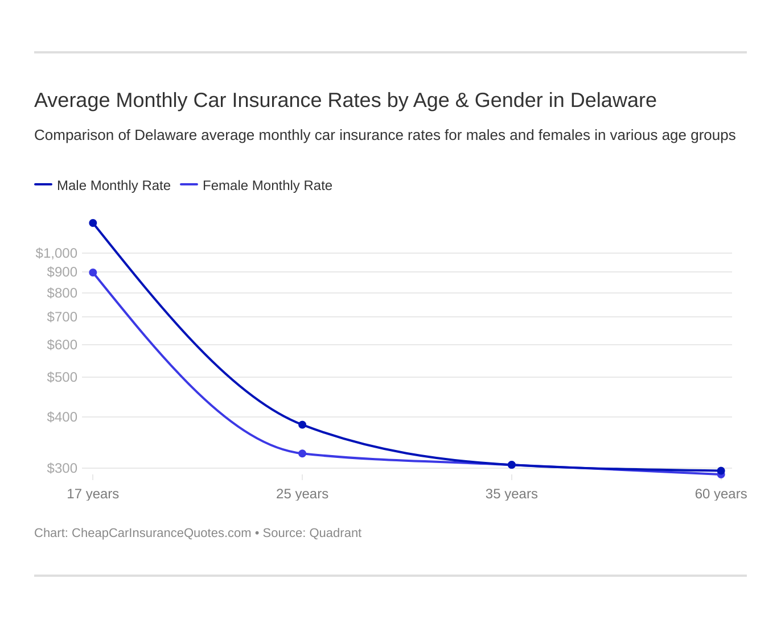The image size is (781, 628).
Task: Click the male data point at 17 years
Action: coord(93,223)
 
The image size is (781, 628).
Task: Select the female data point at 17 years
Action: coord(93,272)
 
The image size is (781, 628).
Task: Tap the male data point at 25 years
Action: coord(302,425)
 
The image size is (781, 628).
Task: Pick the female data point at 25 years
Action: coord(302,453)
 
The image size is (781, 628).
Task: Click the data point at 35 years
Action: coord(512,465)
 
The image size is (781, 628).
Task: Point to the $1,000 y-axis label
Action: coord(56,253)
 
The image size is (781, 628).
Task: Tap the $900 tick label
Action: coord(62,272)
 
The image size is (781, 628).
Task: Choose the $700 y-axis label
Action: coord(62,317)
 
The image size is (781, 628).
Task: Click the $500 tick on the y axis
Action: coord(62,377)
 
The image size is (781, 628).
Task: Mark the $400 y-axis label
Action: coord(62,417)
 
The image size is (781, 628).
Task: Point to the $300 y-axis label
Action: coord(62,468)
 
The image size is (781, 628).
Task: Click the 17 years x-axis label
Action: coord(93,494)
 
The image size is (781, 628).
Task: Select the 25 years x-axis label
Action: coord(302,494)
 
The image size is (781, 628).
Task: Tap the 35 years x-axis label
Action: coord(512,494)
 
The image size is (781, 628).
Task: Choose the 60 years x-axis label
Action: coord(721,494)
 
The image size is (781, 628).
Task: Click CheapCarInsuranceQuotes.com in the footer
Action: coord(161,533)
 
